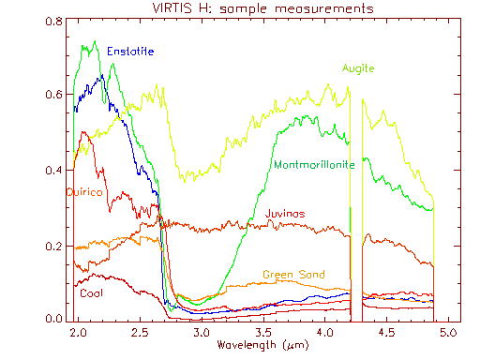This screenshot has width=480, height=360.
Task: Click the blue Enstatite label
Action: [x=130, y=50]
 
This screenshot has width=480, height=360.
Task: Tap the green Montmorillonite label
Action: [x=313, y=164]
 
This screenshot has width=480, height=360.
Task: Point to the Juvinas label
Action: [x=286, y=214]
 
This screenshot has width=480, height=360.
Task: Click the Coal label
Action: [x=92, y=293]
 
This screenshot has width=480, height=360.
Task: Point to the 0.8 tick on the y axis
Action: [x=55, y=22]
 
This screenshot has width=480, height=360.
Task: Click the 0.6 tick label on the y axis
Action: [x=55, y=96]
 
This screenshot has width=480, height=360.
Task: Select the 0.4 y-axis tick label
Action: [x=55, y=171]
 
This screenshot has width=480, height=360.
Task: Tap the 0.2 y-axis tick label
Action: [x=55, y=246]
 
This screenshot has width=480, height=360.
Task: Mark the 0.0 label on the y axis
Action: [x=55, y=318]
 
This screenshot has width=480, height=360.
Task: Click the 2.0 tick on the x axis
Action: [x=80, y=333]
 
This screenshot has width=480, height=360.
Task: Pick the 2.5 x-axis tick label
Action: [x=141, y=333]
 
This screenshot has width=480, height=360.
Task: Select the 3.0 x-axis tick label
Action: [x=202, y=333]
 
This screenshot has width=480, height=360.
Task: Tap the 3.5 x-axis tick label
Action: [x=263, y=333]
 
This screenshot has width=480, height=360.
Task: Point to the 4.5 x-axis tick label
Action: [x=386, y=333]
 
